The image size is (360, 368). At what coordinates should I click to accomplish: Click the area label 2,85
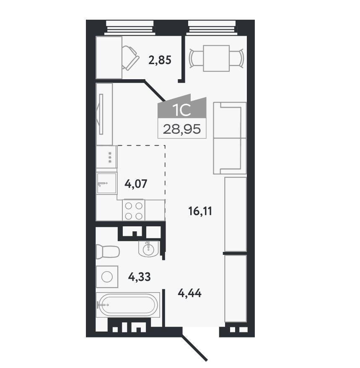160,60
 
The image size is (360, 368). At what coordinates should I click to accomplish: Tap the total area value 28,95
182,129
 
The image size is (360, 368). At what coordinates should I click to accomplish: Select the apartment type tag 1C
181,110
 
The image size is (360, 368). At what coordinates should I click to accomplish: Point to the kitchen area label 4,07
136,184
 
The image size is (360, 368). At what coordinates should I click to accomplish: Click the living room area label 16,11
200,211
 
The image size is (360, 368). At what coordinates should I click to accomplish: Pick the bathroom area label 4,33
140,277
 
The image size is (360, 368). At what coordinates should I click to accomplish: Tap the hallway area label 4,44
189,293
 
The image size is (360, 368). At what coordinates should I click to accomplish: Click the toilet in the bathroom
108,251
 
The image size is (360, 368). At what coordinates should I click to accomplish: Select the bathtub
128,305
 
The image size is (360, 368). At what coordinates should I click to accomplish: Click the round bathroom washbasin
148,249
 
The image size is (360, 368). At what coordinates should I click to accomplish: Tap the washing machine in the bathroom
107,277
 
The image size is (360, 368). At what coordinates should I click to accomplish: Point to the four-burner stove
134,210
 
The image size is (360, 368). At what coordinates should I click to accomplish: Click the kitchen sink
106,183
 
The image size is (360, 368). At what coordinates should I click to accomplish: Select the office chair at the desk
130,58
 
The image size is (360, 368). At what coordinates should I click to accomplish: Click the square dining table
216,58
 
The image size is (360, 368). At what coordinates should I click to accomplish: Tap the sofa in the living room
230,138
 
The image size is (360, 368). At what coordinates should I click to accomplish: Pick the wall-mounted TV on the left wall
101,114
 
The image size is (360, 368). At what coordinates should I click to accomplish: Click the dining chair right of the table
236,58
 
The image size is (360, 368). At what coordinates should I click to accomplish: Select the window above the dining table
212,28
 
